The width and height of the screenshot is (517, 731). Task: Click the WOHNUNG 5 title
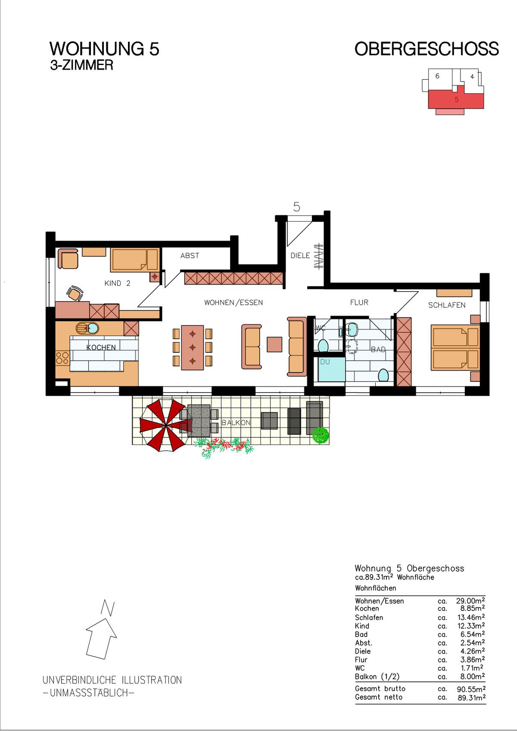pos(104,49)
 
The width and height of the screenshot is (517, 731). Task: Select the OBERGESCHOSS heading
pos(427,49)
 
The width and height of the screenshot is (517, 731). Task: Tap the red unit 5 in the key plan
pos(456,99)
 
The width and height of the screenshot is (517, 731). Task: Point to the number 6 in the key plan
pos(437,76)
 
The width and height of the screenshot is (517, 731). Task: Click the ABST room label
pos(190,256)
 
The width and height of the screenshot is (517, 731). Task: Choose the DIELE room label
pos(300,256)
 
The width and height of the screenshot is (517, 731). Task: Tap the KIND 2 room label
pos(117,283)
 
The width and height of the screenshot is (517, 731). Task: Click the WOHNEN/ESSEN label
pos(234,303)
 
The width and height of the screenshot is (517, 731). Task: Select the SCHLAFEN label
pos(447,305)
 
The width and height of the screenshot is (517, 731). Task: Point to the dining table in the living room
pos(192,347)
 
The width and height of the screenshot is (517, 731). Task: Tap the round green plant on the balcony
pos(321,436)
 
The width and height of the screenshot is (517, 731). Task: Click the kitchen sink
pos(87,328)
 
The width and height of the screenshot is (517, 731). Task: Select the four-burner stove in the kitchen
pos(62,358)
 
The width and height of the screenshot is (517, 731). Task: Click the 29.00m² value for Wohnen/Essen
pos(470,601)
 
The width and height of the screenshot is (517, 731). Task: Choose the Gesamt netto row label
pos(379,697)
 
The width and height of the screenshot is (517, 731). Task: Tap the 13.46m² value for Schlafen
pos(470,617)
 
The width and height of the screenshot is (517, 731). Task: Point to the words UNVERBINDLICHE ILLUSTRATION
pos(112,680)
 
